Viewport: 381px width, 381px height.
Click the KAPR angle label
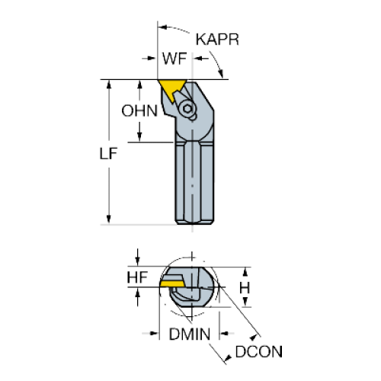point(217,40)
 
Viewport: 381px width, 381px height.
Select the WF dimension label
point(174,59)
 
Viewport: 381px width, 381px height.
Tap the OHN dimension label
point(139,110)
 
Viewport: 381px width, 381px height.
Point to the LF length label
point(108,153)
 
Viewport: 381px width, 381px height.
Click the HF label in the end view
point(137,277)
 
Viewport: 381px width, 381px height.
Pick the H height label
point(245,288)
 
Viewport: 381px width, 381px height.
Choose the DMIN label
point(190,334)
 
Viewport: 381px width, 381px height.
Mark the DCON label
point(259,352)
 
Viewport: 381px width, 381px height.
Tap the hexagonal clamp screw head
point(187,109)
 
